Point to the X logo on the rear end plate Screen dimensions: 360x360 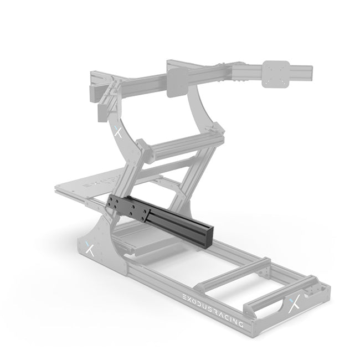tap(294, 304)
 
